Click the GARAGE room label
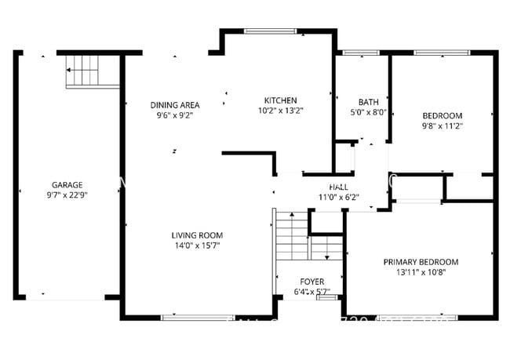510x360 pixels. [x=67, y=185]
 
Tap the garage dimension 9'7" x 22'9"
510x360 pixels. [x=67, y=195]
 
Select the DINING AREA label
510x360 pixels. [x=175, y=105]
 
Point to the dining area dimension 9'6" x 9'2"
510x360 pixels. [x=175, y=115]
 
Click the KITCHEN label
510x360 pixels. [x=280, y=100]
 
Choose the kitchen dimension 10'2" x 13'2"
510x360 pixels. [x=280, y=111]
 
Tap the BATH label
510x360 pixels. [x=368, y=102]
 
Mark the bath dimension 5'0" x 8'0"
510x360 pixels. [x=368, y=112]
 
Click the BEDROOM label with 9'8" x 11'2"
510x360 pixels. [x=443, y=115]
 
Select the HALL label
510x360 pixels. [x=339, y=187]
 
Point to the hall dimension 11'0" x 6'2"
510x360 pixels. [x=339, y=197]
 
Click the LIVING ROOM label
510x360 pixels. [x=197, y=235]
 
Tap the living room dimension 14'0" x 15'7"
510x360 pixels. [x=197, y=245]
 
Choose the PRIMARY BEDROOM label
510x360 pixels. [x=421, y=262]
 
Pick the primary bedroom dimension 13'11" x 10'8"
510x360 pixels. [x=421, y=272]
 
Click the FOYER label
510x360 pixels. [x=312, y=282]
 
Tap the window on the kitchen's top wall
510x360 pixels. [x=270, y=31]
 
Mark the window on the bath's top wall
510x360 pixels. [x=360, y=53]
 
